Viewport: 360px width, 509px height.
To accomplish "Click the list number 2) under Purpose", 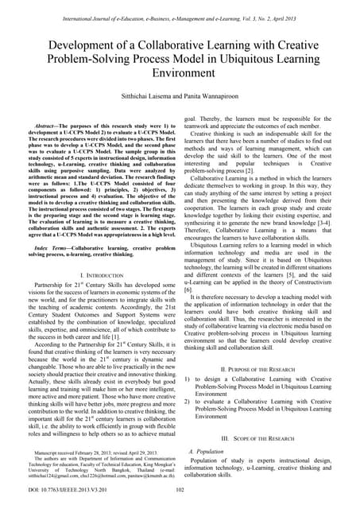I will point(188,401).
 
